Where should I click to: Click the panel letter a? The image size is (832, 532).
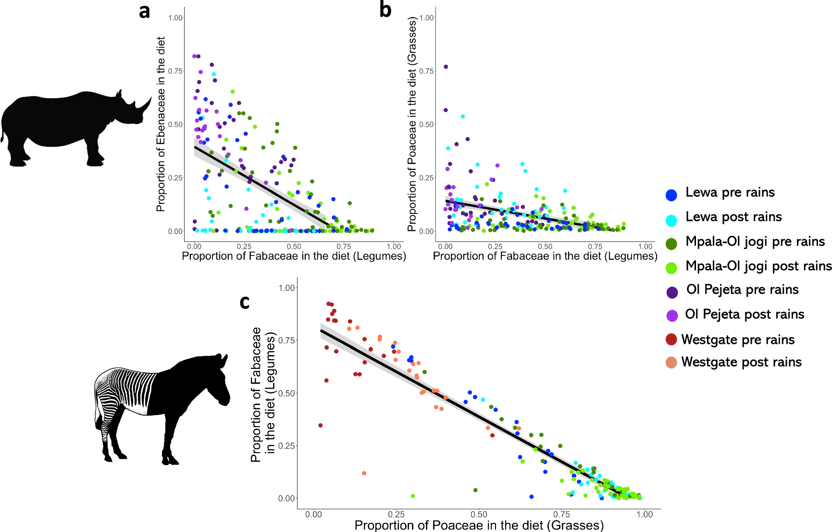pyautogui.click(x=144, y=11)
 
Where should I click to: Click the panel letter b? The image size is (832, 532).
pyautogui.click(x=385, y=10)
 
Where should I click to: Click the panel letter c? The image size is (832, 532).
pyautogui.click(x=244, y=302)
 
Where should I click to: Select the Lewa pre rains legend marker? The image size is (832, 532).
pyautogui.click(x=671, y=195)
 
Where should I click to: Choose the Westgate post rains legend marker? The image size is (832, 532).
pyautogui.click(x=671, y=363)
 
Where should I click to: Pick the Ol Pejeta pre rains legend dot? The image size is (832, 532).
pyautogui.click(x=672, y=292)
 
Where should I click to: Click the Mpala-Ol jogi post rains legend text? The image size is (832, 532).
pyautogui.click(x=758, y=266)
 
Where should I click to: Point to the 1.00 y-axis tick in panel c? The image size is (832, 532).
pyautogui.click(x=286, y=288)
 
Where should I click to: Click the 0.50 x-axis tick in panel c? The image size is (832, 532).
pyautogui.click(x=479, y=515)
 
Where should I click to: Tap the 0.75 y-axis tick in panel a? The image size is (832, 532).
pyautogui.click(x=175, y=71)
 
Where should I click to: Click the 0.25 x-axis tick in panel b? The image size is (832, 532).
pyautogui.click(x=495, y=246)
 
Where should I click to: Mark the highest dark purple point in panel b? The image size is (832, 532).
pyautogui.click(x=446, y=67)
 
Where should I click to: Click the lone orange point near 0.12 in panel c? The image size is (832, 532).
pyautogui.click(x=364, y=473)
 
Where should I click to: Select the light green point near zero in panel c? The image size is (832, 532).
pyautogui.click(x=413, y=496)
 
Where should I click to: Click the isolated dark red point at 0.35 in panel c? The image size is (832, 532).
pyautogui.click(x=321, y=425)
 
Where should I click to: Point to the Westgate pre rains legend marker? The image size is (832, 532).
pyautogui.click(x=671, y=340)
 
